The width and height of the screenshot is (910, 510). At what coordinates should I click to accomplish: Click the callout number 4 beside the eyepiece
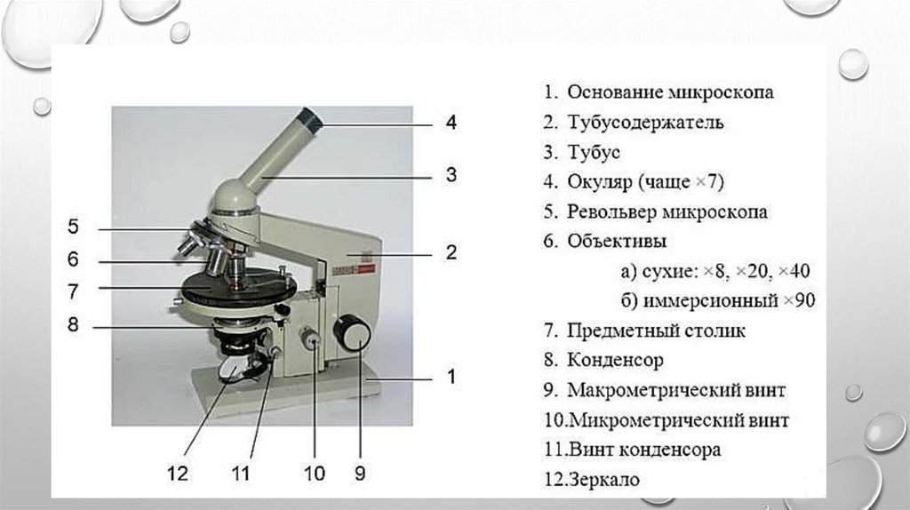coord(451,123)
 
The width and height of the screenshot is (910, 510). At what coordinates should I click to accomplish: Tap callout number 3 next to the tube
coord(451,175)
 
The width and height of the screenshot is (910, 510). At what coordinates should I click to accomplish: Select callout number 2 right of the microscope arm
coord(451,252)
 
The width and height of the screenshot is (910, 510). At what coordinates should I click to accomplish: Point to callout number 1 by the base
coord(451,377)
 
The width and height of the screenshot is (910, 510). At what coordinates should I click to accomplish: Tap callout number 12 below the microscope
coord(179,474)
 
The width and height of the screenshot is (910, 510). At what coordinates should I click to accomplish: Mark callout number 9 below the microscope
coord(359,474)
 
